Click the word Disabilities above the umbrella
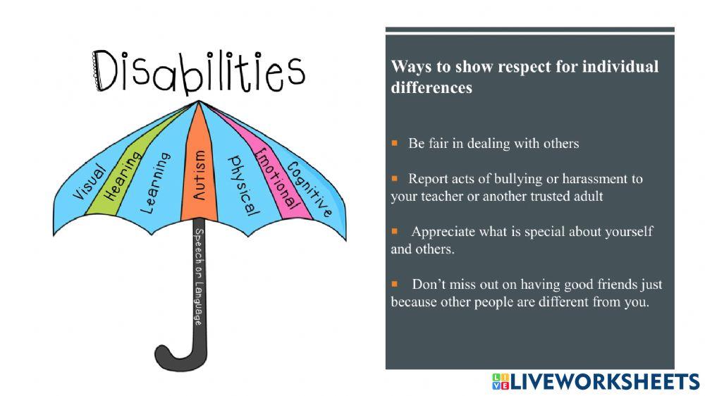(200, 71)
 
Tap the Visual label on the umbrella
(90, 182)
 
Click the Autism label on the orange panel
(200, 175)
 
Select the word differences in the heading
(431, 89)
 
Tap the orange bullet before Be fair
(395, 143)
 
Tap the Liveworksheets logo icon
(500, 382)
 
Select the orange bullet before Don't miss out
(395, 285)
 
